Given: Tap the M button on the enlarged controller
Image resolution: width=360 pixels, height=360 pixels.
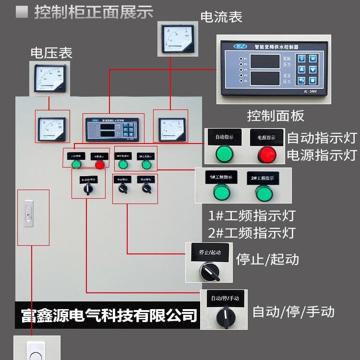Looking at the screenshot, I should tap(312, 59).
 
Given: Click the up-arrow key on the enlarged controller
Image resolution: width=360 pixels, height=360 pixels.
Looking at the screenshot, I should tap(301, 70).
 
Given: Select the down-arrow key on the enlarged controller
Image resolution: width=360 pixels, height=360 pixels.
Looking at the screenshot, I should tap(312, 70).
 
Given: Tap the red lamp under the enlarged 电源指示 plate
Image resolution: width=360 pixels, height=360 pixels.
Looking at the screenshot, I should tap(267, 154).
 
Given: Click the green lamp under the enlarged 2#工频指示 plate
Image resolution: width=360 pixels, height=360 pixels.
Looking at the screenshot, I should tap(264, 193).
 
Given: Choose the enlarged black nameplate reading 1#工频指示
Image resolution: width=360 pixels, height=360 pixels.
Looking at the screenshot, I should tap(221, 177).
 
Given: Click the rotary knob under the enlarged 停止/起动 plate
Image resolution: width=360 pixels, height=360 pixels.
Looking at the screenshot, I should tap(209, 272).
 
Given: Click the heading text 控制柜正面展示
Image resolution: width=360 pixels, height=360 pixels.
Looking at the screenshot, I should tap(93, 12).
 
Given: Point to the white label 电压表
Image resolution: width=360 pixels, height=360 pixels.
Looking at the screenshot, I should tap(51, 53).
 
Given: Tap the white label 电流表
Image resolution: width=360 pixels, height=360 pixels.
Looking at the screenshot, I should tap(221, 17).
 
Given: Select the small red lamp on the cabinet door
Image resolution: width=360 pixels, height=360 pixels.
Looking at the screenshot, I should tap(99, 165).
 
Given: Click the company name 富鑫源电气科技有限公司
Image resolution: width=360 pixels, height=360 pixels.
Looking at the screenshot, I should tap(109, 315).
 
